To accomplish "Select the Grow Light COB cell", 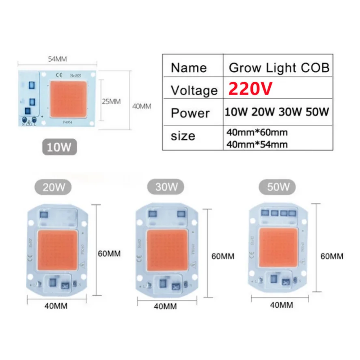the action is point(279,67).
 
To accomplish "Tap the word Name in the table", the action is point(189,67).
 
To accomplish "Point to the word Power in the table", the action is point(190,112).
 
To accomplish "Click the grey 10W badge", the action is point(59,147).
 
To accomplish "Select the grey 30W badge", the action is point(166,187).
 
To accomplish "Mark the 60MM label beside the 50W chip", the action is point(332,256).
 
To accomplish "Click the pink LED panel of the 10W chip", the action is point(68,97).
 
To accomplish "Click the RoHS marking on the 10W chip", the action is point(75,75).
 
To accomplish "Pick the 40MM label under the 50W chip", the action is point(281,304).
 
